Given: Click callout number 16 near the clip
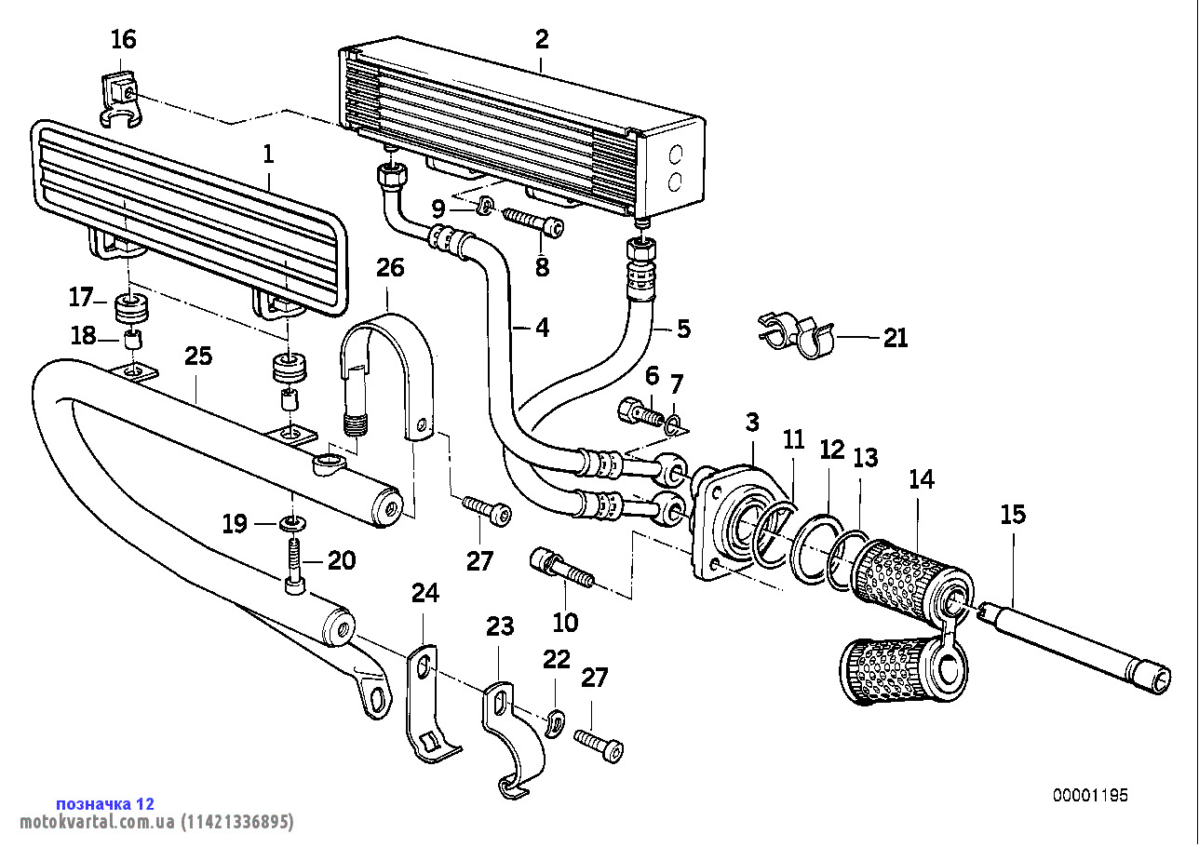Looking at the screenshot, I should [x=123, y=40].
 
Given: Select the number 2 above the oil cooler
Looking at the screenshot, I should [x=542, y=39].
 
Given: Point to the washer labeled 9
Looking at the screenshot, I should [x=485, y=205].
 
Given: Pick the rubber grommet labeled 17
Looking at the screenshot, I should [x=130, y=306].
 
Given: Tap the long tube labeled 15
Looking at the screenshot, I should [x=1080, y=642].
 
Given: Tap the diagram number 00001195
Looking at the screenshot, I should [x=1090, y=796].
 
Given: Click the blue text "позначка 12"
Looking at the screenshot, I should [x=105, y=803].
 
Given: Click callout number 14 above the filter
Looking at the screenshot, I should [x=921, y=480].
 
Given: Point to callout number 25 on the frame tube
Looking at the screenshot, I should [x=198, y=356].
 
